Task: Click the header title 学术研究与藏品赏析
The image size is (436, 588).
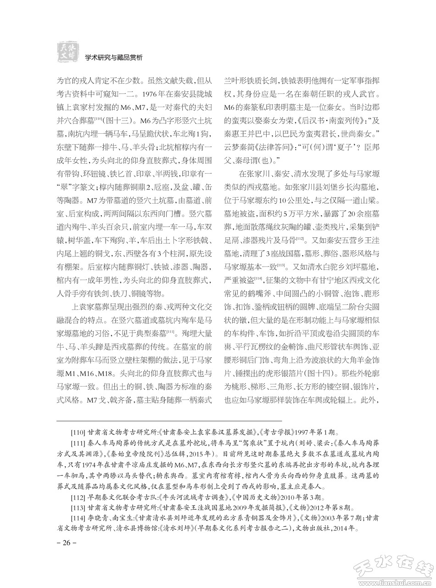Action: (x=114, y=57)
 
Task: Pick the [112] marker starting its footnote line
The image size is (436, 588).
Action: (x=78, y=497)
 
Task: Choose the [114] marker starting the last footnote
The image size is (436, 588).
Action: (x=78, y=518)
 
